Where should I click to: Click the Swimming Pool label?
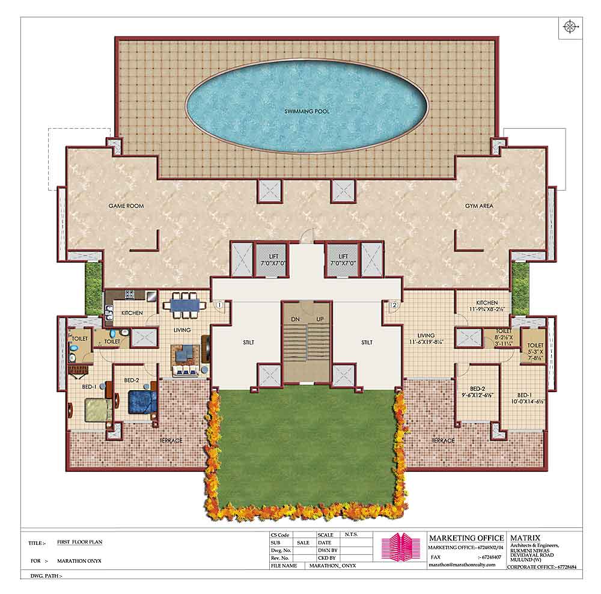pyautogui.click(x=307, y=111)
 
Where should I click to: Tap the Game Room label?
pyautogui.click(x=126, y=206)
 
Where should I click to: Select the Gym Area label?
pyautogui.click(x=479, y=206)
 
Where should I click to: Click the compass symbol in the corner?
pyautogui.click(x=569, y=26)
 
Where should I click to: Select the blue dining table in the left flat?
pyautogui.click(x=185, y=305)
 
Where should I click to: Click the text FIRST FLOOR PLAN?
pyautogui.click(x=79, y=542)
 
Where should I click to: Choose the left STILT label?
pyautogui.click(x=248, y=342)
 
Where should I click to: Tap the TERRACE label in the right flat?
pyautogui.click(x=443, y=441)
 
